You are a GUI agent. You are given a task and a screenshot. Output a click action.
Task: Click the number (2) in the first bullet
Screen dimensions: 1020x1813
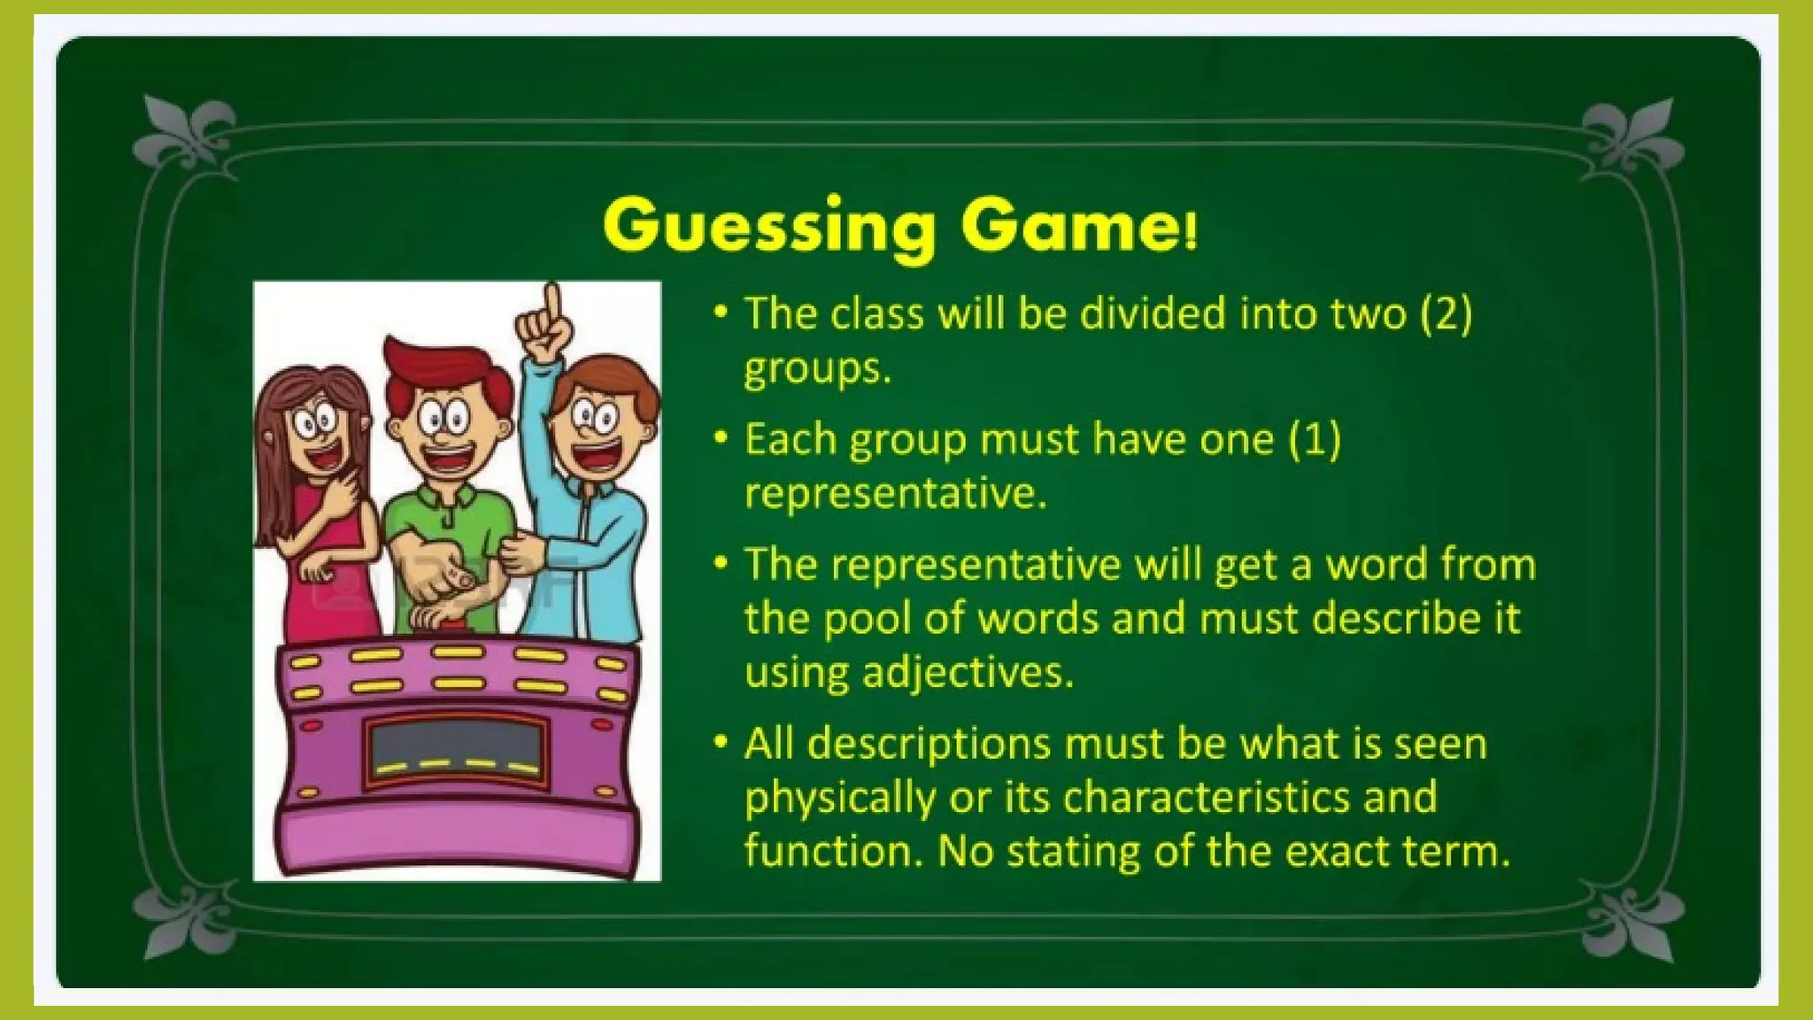1446,314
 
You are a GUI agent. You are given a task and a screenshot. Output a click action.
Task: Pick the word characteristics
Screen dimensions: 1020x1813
1206,797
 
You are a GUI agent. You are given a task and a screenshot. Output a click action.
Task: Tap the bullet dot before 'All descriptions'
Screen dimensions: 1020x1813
721,741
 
